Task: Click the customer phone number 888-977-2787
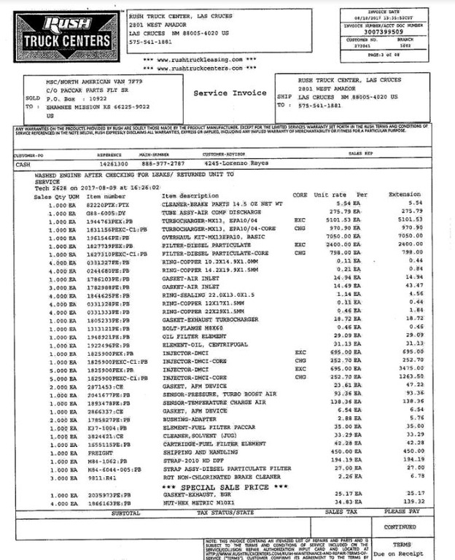tap(163, 164)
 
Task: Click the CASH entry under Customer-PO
tap(25, 164)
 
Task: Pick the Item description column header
tap(190, 195)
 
